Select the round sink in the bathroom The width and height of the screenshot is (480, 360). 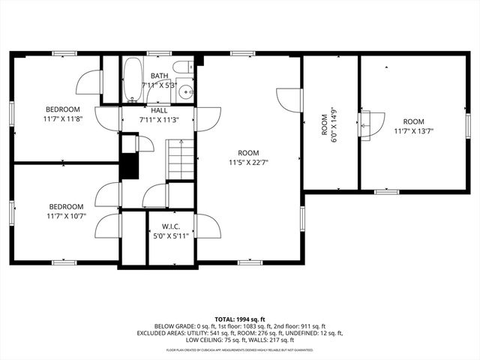coord(185,93)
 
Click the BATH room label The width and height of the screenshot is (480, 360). coord(159,76)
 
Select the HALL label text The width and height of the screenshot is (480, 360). coord(159,110)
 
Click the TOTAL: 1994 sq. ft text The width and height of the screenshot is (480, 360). coord(239,319)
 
